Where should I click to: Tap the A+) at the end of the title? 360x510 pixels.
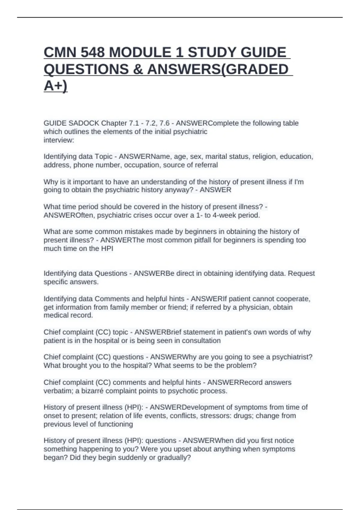(x=55, y=86)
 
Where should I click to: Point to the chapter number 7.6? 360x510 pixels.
(x=164, y=123)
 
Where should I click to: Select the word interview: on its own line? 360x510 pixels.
(x=59, y=140)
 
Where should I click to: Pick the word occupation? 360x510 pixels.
(x=142, y=165)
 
